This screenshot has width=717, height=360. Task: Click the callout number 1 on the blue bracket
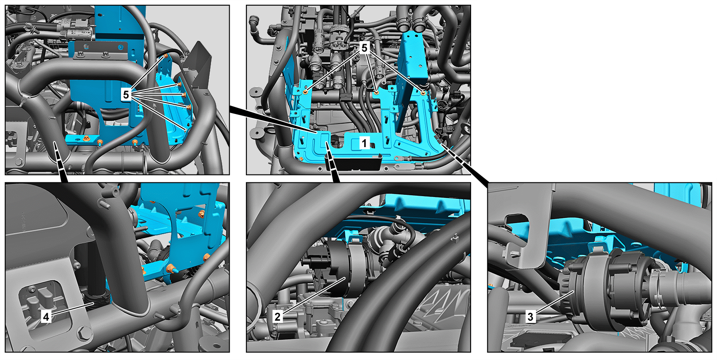pos(364,143)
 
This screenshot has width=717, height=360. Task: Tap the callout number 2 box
pos(277,317)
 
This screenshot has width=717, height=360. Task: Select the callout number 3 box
pos(530,317)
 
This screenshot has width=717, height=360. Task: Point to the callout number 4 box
pos(46,317)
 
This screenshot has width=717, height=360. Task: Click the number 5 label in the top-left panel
pos(126,95)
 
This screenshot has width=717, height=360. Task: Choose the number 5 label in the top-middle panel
pos(364,48)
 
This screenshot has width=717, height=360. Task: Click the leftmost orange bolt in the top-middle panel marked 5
pos(306,92)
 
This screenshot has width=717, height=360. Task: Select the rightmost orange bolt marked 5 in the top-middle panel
pos(423,93)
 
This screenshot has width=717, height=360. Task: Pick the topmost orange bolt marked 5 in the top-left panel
pos(166,56)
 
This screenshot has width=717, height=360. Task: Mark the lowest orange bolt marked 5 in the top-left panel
pos(185,130)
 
